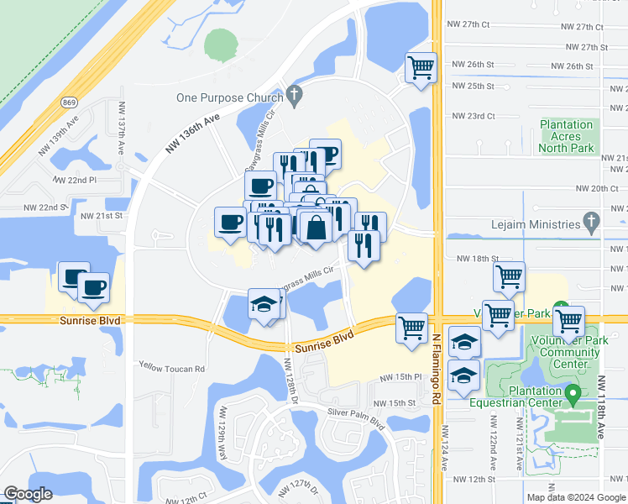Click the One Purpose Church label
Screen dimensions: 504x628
pyautogui.click(x=229, y=97)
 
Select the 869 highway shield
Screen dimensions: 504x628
pyautogui.click(x=70, y=102)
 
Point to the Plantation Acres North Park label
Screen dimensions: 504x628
pyautogui.click(x=567, y=136)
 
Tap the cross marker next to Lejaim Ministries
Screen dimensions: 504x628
pyautogui.click(x=592, y=223)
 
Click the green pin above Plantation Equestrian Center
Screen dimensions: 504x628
pyautogui.click(x=573, y=393)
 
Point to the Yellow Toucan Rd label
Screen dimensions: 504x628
pyautogui.click(x=172, y=369)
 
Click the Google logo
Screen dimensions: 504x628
pyautogui.click(x=29, y=494)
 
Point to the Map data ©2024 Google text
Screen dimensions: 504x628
pyautogui.click(x=575, y=497)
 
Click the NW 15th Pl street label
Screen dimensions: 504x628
pyautogui.click(x=398, y=379)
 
